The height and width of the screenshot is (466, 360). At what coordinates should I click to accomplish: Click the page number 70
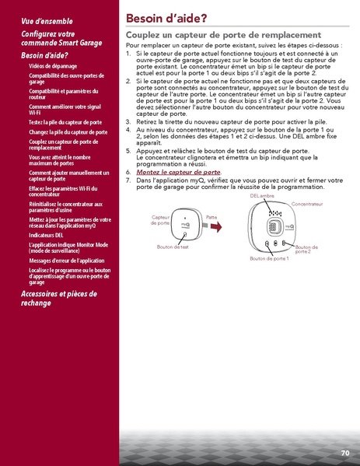point(344,452)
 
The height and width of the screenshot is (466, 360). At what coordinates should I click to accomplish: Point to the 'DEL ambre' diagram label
point(262,196)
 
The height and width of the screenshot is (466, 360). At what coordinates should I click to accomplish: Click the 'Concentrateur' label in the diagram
point(306,203)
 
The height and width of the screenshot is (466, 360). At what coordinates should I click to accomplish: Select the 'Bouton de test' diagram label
point(173,247)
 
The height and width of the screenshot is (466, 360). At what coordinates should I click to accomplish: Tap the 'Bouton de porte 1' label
point(268,258)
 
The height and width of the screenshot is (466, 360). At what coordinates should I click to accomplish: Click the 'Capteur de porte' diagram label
point(160,220)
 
